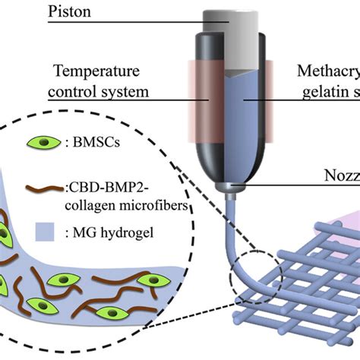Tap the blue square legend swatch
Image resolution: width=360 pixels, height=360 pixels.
[x=45, y=226]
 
